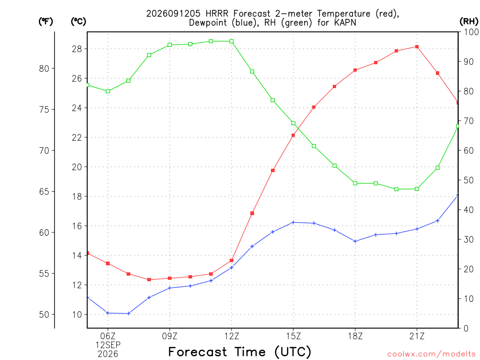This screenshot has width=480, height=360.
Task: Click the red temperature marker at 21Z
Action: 417,47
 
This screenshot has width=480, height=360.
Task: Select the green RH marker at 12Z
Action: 232,41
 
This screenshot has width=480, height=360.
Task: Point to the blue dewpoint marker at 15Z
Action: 293,222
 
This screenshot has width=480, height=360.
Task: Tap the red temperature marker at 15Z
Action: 293,135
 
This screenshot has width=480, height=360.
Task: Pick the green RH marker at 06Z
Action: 108,91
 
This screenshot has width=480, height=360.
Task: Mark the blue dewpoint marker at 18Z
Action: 355,241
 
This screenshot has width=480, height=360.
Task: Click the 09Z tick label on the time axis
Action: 170,336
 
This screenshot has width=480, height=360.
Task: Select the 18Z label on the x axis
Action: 355,336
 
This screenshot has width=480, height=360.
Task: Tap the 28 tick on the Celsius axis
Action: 77,49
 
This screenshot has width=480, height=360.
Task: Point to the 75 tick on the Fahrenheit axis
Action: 44,110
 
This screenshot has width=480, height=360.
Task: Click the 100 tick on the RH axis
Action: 472,32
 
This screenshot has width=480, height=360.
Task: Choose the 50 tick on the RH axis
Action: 469,180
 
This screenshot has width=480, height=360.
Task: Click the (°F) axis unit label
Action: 45,22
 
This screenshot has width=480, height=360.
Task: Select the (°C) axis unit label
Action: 78,22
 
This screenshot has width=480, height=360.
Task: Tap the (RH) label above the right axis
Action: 469,22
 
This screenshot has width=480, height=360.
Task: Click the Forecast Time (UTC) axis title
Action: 240,352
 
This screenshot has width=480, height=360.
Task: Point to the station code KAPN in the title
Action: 345,22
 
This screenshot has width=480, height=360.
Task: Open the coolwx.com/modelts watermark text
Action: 431,354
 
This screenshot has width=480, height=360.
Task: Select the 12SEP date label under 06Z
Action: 108,345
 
